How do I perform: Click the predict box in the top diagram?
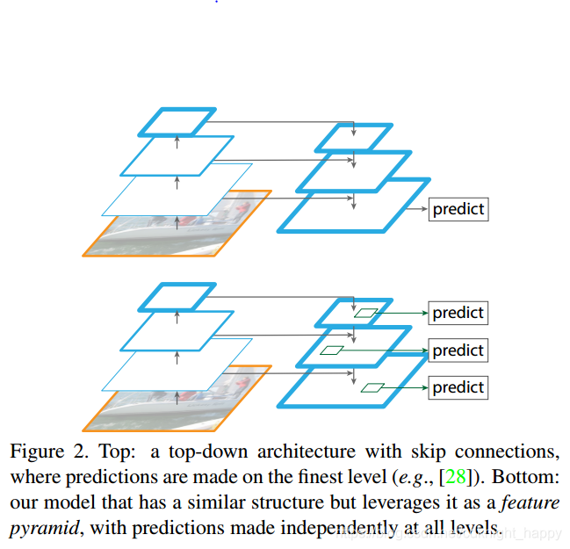[458, 210]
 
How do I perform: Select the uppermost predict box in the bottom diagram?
[458, 313]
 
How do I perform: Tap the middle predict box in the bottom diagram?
[458, 350]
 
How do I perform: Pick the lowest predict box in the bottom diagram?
[458, 387]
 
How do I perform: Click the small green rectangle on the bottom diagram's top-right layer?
[366, 312]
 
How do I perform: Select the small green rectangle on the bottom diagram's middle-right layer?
[332, 350]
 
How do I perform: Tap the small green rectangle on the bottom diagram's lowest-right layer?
[372, 387]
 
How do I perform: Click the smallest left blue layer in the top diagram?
[177, 121]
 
